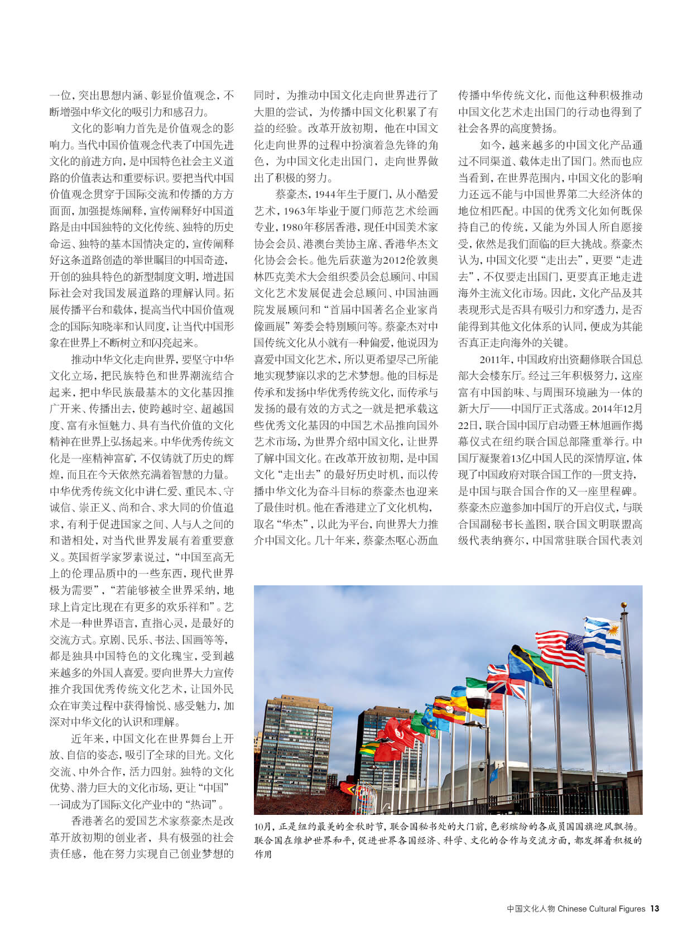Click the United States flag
point(559,649)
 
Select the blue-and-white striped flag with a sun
point(603,636)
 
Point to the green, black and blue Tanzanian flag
point(531,665)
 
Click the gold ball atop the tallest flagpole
point(624,605)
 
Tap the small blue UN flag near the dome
point(493,774)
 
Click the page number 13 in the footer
point(655,909)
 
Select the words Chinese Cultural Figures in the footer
point(601,909)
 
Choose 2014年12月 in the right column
point(617,408)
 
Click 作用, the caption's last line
point(263,854)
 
